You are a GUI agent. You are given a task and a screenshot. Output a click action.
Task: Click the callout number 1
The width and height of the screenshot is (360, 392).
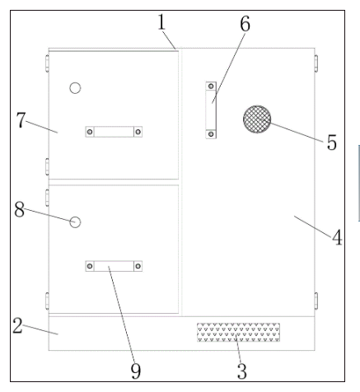click(x=161, y=22)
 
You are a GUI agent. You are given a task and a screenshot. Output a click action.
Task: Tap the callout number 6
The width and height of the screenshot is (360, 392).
click(x=245, y=24)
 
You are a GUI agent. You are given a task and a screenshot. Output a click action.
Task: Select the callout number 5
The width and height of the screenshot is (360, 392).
click(x=332, y=142)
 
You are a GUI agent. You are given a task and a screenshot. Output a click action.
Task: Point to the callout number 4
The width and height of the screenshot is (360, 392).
click(x=337, y=237)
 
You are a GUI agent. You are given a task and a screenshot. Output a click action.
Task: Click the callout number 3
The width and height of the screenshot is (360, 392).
click(x=242, y=371)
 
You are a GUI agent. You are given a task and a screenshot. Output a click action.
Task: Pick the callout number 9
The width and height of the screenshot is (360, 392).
click(x=136, y=371)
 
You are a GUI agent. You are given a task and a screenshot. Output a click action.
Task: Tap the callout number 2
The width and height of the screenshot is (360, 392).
click(x=17, y=325)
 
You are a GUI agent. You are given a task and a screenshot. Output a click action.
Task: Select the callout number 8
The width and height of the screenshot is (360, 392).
click(x=19, y=209)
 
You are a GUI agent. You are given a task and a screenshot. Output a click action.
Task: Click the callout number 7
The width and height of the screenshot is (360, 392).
click(x=21, y=120)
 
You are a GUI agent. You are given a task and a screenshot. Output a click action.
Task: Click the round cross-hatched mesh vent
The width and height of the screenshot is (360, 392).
click(x=257, y=119)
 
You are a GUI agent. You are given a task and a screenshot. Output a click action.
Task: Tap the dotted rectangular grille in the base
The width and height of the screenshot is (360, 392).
click(x=238, y=333)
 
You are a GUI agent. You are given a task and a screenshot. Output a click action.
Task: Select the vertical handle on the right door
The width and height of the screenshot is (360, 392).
click(x=211, y=110)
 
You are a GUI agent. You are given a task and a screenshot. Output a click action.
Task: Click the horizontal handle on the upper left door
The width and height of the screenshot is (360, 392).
click(x=114, y=132)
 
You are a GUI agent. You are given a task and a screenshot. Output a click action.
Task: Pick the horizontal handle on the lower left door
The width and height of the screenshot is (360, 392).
click(x=114, y=266)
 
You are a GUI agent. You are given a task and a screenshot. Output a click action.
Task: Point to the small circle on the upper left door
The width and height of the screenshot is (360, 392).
click(x=75, y=88)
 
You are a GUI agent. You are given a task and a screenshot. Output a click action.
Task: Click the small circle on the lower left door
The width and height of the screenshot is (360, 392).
click(x=75, y=222)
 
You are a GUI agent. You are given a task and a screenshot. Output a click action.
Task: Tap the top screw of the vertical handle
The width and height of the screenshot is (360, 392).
click(x=211, y=86)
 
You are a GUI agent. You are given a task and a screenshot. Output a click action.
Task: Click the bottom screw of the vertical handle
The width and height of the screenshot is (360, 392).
click(x=211, y=134)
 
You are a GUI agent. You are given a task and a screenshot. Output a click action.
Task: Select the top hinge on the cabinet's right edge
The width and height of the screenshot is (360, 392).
click(x=316, y=63)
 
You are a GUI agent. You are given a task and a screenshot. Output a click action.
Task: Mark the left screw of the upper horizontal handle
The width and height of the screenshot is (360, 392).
click(x=90, y=132)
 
